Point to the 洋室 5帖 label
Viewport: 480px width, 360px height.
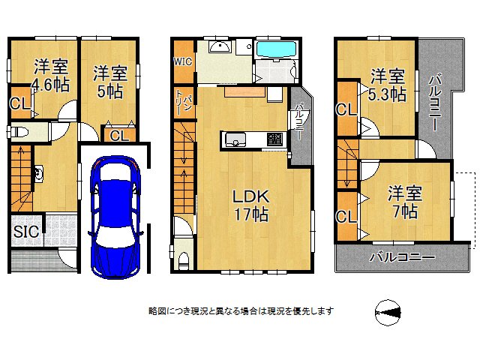click(109, 82)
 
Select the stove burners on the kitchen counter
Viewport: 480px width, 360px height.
click(274, 139)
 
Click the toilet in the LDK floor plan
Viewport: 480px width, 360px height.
click(183, 255)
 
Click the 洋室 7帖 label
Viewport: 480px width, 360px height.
click(405, 202)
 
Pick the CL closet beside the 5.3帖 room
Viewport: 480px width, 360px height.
click(346, 109)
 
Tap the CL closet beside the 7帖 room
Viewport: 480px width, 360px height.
click(346, 217)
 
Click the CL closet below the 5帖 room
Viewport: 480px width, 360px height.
click(118, 136)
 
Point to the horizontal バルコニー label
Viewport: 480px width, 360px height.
click(401, 257)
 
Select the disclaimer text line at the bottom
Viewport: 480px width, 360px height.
click(240, 310)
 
